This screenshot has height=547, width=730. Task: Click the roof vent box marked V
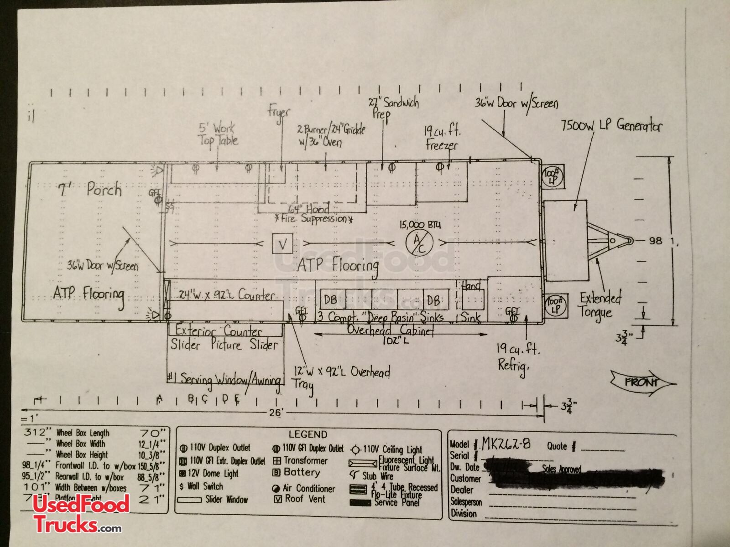(x=283, y=244)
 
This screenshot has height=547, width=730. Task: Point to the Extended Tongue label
(x=600, y=305)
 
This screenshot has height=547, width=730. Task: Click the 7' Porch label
(x=90, y=189)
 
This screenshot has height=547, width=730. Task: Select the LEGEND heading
(x=308, y=434)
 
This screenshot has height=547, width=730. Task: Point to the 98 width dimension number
(x=655, y=240)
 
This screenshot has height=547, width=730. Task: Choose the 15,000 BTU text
(x=420, y=224)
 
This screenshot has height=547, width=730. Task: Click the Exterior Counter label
(x=219, y=331)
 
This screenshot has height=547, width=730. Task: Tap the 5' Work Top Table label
(x=218, y=134)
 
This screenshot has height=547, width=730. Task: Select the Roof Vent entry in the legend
(x=305, y=499)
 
